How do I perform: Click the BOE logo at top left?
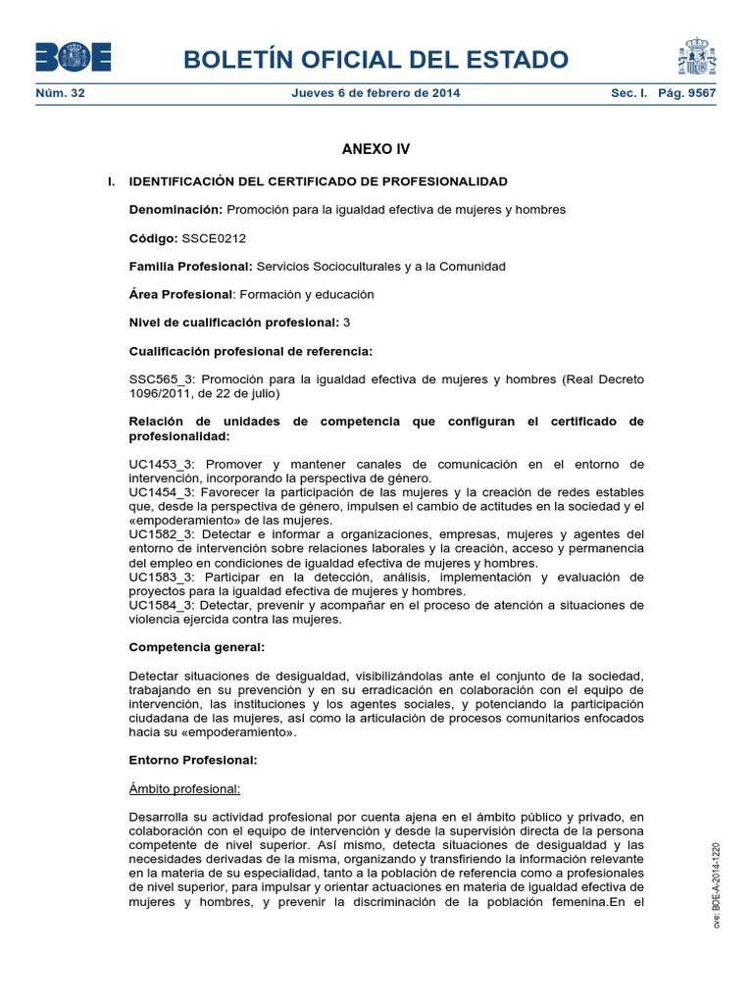pyautogui.click(x=73, y=58)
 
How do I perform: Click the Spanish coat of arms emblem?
pyautogui.click(x=697, y=57)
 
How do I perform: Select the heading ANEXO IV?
pyautogui.click(x=376, y=150)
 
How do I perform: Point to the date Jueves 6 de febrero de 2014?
pyautogui.click(x=376, y=94)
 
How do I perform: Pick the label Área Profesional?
pyautogui.click(x=182, y=294)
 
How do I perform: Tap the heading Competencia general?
pyautogui.click(x=197, y=648)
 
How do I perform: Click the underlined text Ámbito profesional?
pyautogui.click(x=184, y=788)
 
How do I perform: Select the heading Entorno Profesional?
pyautogui.click(x=193, y=760)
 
